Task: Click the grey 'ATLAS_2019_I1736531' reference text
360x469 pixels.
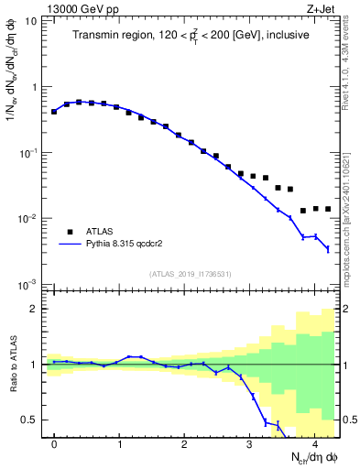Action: click(x=190, y=274)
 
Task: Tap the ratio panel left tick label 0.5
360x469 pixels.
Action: click(x=30, y=420)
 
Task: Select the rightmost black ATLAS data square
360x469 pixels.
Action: click(x=328, y=210)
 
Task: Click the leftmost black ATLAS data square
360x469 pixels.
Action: click(x=54, y=112)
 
